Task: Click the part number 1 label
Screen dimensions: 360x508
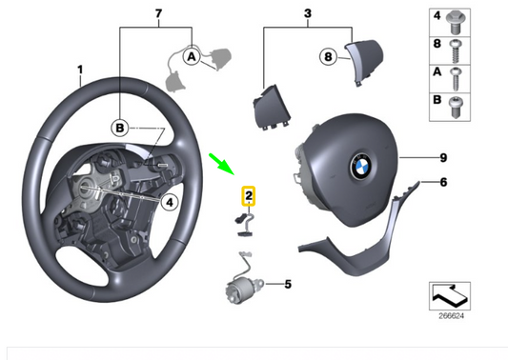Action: coord(81,69)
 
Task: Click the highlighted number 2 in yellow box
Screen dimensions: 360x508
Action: coord(248,197)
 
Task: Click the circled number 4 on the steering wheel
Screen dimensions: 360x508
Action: coord(167,201)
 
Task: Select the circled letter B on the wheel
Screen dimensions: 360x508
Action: coord(120,127)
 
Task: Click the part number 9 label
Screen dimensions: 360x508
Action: coord(442,157)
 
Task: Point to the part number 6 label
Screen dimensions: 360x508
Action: coord(442,181)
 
